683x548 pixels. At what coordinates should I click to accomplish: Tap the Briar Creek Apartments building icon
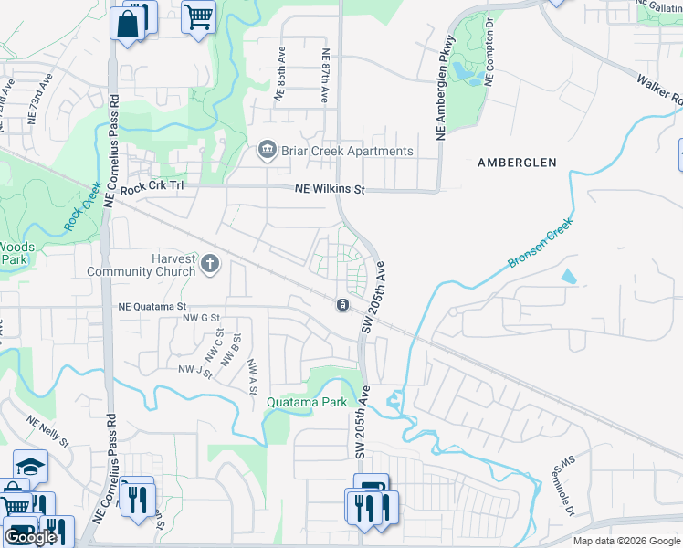tap(268, 151)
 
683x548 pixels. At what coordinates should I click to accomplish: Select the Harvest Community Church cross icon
tap(211, 265)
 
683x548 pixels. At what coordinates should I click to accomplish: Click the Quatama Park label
tap(306, 402)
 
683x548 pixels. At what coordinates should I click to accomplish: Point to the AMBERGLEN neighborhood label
tap(517, 163)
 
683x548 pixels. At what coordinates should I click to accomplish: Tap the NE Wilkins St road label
tap(329, 190)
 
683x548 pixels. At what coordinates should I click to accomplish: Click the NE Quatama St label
tap(152, 308)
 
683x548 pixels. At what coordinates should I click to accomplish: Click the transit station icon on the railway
tap(342, 304)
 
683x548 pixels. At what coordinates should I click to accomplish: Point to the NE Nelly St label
tap(47, 432)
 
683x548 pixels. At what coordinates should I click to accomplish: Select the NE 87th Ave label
tap(325, 75)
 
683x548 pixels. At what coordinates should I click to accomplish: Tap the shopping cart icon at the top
tap(198, 16)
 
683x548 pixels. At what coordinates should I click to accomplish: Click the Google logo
tap(30, 537)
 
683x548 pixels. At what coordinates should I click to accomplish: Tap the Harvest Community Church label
tap(142, 265)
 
